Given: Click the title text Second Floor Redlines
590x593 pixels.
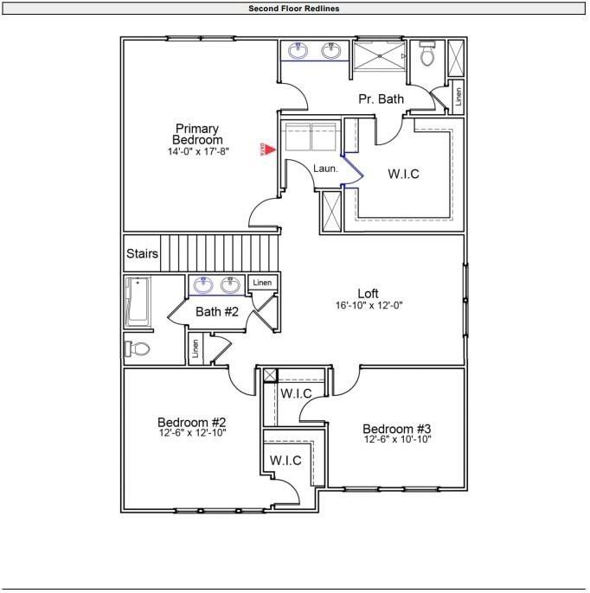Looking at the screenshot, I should (x=294, y=9).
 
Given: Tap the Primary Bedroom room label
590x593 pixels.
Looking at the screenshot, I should (x=197, y=134).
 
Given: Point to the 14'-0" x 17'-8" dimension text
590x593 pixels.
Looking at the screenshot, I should (x=197, y=151).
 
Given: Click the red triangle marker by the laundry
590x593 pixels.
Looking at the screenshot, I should (x=269, y=150).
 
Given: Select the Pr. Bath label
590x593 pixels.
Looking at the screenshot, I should (x=381, y=99).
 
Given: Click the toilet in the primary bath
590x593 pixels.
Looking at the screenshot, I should (x=426, y=54).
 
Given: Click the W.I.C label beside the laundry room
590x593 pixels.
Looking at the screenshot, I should (x=403, y=174).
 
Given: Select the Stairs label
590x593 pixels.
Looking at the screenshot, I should (x=143, y=253).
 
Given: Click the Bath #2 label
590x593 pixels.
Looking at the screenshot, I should (x=216, y=311).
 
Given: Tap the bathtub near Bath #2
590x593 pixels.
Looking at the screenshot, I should (x=138, y=302).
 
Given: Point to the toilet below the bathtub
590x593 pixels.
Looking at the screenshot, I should (x=138, y=348).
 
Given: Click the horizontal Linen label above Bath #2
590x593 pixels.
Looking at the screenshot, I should (x=262, y=283).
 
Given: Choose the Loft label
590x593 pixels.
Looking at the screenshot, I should (x=369, y=293).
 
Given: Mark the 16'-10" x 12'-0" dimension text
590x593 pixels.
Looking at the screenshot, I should (x=369, y=305).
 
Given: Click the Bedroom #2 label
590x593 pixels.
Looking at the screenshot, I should (x=191, y=422).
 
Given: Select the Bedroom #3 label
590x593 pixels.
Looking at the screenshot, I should (x=396, y=429).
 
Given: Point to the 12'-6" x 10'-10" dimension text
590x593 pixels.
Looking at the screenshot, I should (x=396, y=440).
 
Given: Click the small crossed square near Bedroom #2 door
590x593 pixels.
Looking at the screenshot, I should (x=270, y=374).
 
